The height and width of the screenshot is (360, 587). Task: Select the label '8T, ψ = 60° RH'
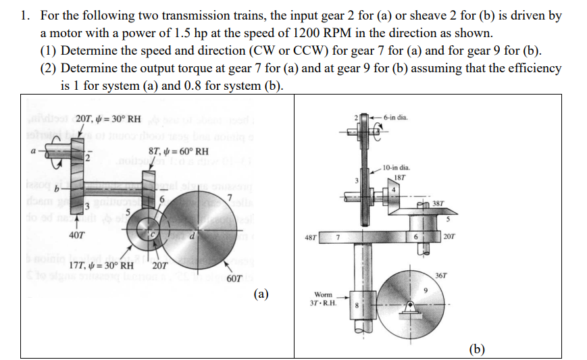coord(178,151)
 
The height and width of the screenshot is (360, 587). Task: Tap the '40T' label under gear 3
coord(77,236)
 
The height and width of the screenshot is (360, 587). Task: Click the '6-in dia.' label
coord(394,118)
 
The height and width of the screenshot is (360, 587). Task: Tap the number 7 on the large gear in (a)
coord(230,197)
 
